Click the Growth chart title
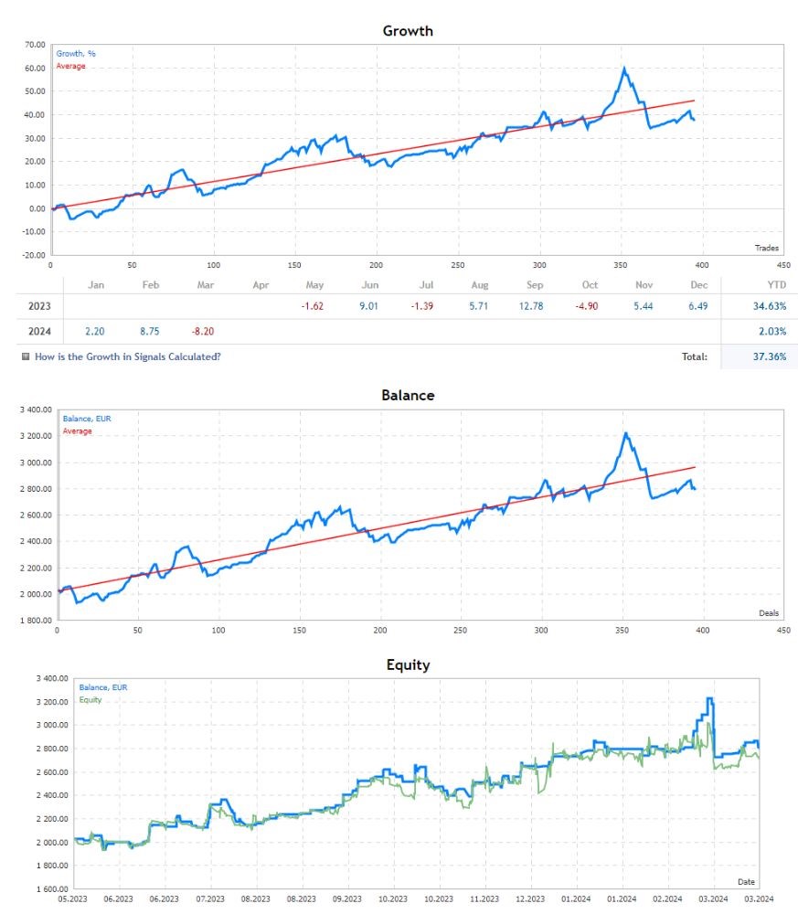pyautogui.click(x=407, y=31)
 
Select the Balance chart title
pyautogui.click(x=407, y=396)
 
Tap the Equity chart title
pyautogui.click(x=407, y=664)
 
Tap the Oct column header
pyautogui.click(x=590, y=285)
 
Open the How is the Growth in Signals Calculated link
pyautogui.click(x=127, y=356)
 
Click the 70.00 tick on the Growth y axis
pyautogui.click(x=35, y=44)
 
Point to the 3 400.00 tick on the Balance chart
pyautogui.click(x=33, y=409)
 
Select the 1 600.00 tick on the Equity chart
pyautogui.click(x=51, y=888)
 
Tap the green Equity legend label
pyautogui.click(x=90, y=700)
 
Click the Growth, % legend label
pyautogui.click(x=76, y=54)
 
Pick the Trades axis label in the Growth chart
pyautogui.click(x=766, y=248)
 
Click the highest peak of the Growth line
pyautogui.click(x=624, y=69)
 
